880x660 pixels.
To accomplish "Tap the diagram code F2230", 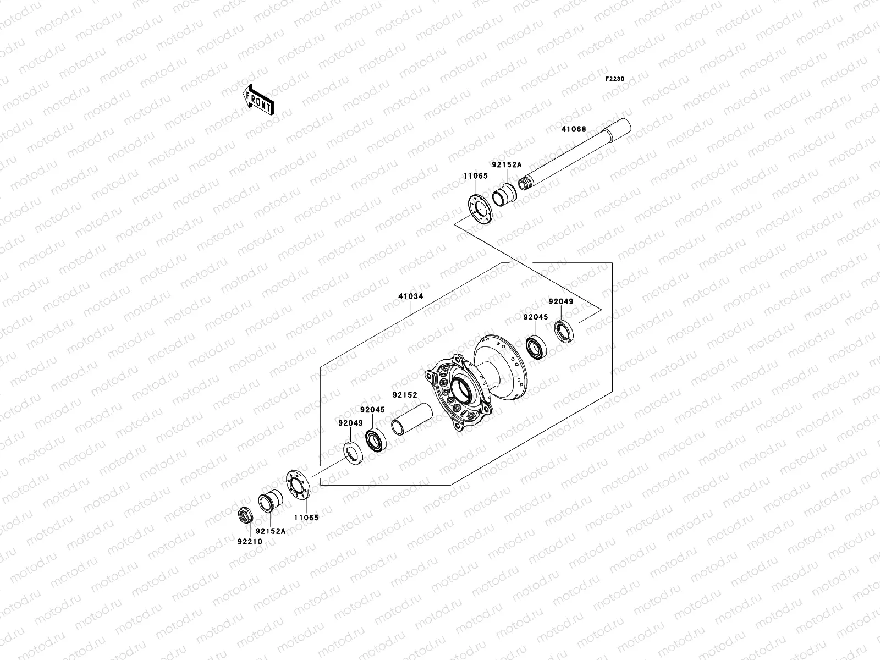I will click(615, 79).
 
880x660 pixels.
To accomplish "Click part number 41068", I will click(574, 130).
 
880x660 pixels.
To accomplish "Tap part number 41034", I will click(410, 296).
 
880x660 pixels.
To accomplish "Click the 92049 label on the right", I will click(560, 301).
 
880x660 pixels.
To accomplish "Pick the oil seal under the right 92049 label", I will click(563, 331).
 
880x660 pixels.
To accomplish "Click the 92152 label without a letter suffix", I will click(405, 395).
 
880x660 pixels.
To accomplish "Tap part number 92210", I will click(250, 541).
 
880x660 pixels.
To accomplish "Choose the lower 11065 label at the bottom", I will click(306, 517).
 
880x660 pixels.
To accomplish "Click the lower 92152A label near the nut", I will click(273, 531).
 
